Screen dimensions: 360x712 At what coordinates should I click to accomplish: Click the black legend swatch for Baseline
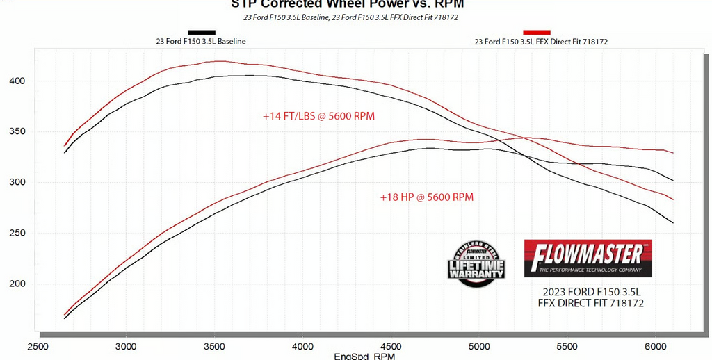coord(201,32)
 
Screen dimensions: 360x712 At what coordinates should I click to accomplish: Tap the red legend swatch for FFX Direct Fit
coord(537,32)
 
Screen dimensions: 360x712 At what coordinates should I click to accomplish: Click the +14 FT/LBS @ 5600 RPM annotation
coord(318,116)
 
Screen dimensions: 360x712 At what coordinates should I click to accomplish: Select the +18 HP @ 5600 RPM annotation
coord(426,197)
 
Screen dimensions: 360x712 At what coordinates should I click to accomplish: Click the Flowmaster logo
coord(588,259)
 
